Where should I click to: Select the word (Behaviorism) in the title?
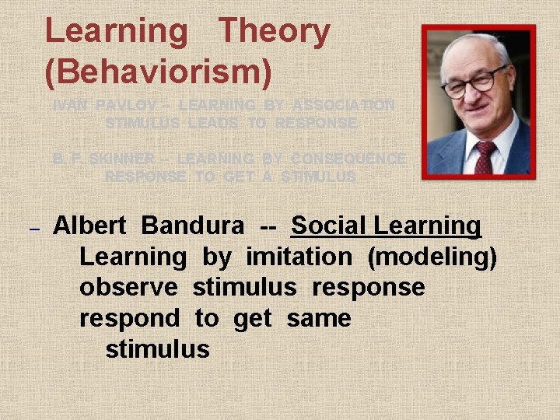pyautogui.click(x=159, y=71)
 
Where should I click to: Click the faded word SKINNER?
pyautogui.click(x=122, y=159)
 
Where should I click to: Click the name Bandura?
pyautogui.click(x=193, y=226)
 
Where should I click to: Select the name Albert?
pyautogui.click(x=89, y=226)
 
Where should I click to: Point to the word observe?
pyautogui.click(x=129, y=287)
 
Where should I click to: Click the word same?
pyautogui.click(x=318, y=318)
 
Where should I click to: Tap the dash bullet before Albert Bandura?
pyautogui.click(x=33, y=230)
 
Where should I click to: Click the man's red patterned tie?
pyautogui.click(x=485, y=155)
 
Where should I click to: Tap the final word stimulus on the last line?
pyautogui.click(x=157, y=349)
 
